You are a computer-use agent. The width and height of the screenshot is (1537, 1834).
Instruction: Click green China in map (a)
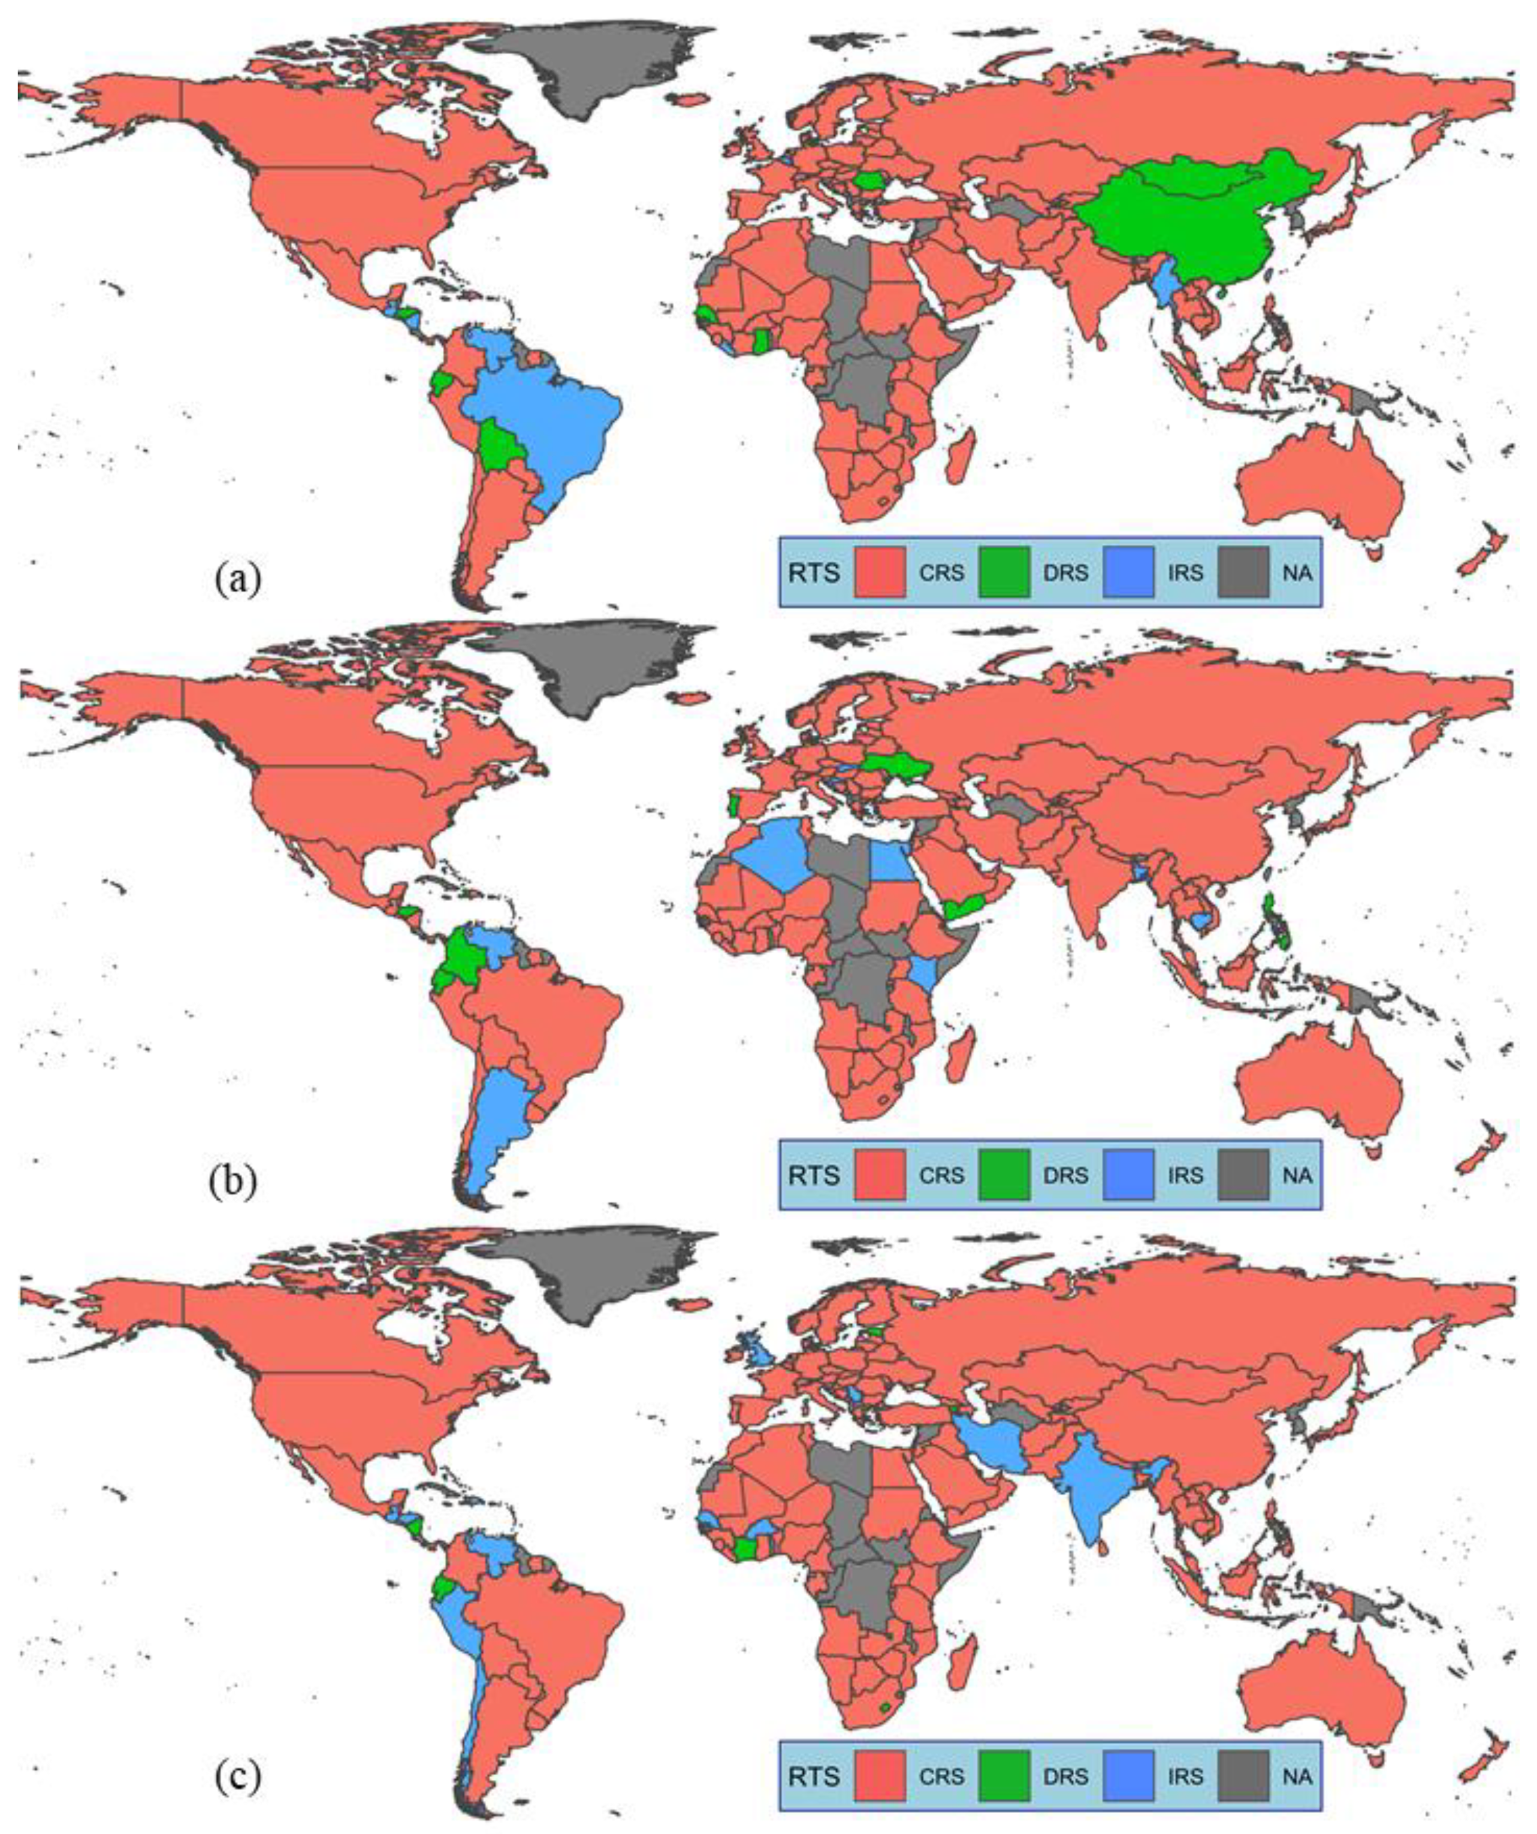1179,227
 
